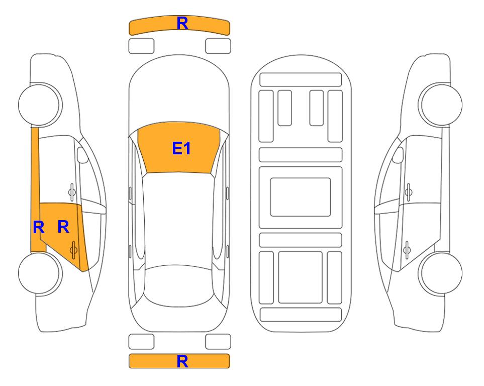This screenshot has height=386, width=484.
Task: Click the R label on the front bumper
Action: (x=182, y=24)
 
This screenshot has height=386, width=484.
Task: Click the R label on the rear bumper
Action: (x=182, y=361)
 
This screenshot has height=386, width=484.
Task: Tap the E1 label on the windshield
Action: (x=181, y=148)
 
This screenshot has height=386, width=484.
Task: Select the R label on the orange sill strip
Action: (x=39, y=227)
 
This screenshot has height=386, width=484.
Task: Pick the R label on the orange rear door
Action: (x=63, y=227)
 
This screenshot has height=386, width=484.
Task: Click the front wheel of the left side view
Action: (x=40, y=105)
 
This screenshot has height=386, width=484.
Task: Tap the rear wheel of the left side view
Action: (x=40, y=273)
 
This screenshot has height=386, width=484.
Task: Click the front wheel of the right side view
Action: (x=440, y=105)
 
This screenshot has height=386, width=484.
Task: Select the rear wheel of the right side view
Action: (x=440, y=273)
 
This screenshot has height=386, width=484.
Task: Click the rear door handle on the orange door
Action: (x=73, y=250)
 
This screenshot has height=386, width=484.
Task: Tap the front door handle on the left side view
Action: (x=72, y=192)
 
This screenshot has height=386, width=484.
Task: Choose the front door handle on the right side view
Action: (x=409, y=192)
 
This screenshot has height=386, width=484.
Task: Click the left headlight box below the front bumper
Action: (x=141, y=46)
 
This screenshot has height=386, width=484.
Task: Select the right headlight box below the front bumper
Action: (x=218, y=46)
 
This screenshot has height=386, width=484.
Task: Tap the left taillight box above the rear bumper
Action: (x=141, y=342)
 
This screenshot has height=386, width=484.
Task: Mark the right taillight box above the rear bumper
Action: (x=218, y=342)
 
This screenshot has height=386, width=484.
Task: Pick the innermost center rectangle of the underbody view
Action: (x=301, y=197)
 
